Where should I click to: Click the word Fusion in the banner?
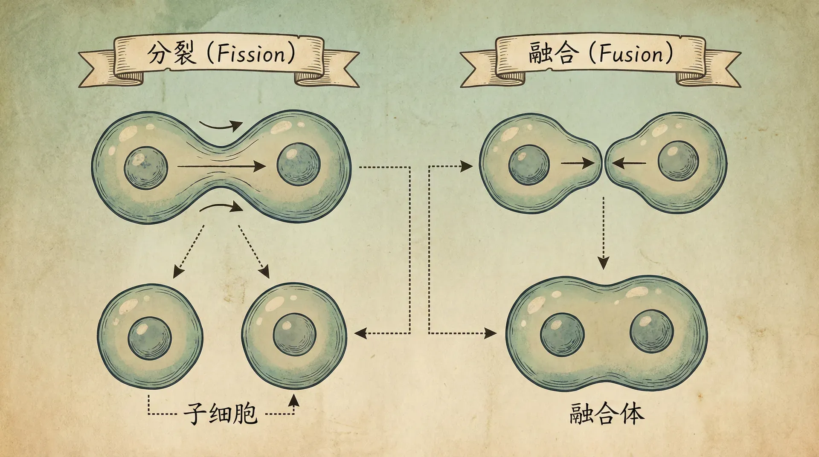pos(631,54)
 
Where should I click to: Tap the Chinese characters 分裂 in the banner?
pos(171,54)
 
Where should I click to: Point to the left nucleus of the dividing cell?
pos(146,168)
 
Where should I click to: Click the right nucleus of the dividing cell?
pos(299,165)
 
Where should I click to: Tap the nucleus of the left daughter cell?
pos(150,338)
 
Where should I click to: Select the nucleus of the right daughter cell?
pos(294,335)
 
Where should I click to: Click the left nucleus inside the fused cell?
pos(562,335)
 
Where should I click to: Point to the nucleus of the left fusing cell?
pos(529,165)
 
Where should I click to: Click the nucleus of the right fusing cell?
pos(678,161)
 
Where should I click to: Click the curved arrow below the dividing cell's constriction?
pos(221,207)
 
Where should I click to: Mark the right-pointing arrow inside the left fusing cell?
pos(577,163)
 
